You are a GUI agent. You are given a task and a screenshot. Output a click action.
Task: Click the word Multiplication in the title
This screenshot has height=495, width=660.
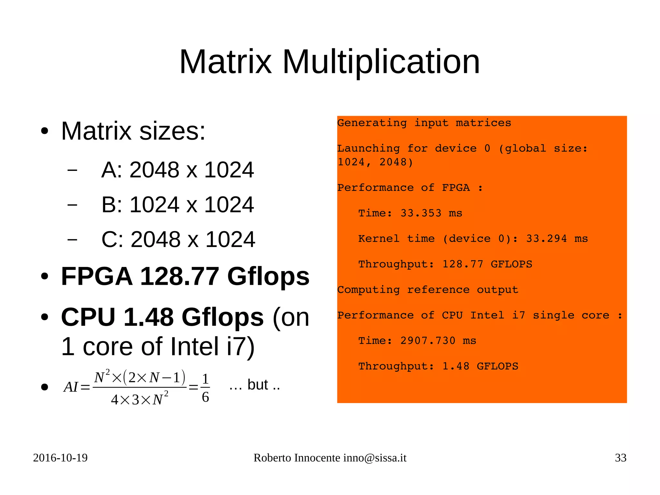point(381,62)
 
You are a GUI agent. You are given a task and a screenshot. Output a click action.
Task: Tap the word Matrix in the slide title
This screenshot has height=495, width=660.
point(226,62)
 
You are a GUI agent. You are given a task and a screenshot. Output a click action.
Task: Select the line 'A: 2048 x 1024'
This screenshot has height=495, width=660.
point(177,170)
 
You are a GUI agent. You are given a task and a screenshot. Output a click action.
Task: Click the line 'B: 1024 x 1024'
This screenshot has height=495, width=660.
point(177,205)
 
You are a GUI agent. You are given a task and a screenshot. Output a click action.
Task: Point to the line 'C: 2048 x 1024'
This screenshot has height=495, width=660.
point(178,240)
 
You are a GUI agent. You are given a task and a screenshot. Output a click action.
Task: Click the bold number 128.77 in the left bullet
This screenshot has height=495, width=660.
point(180,277)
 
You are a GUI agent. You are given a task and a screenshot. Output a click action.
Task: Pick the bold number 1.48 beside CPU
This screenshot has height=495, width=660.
point(148,317)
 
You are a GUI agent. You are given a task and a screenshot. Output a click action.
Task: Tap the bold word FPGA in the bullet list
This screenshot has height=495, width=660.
point(96,277)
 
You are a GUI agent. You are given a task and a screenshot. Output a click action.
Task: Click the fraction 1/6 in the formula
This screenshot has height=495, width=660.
point(205,388)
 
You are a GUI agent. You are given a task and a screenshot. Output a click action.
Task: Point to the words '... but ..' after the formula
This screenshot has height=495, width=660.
point(255,385)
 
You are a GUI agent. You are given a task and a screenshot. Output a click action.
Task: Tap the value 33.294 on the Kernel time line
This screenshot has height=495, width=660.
point(546,239)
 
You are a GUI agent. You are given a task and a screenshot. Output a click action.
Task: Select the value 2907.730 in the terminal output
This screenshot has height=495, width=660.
point(428,341)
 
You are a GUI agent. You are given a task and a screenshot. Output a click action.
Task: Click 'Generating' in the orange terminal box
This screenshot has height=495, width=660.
point(372,123)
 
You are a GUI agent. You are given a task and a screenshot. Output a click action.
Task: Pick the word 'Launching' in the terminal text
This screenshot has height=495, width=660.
point(368,148)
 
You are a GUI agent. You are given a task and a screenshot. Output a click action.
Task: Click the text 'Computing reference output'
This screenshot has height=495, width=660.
point(428,290)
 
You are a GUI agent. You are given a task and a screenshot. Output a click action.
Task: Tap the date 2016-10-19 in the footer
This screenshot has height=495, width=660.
point(60,458)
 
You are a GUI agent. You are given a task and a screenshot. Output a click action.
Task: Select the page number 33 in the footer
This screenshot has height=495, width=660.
point(620,458)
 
